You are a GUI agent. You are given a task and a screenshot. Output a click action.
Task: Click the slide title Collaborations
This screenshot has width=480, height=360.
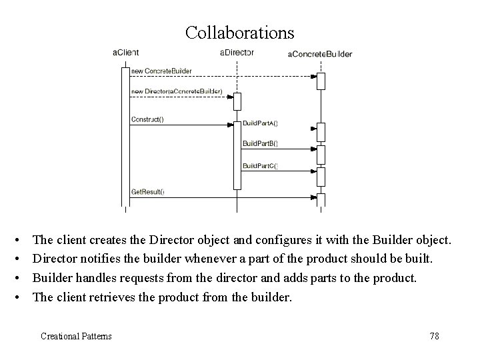pos(239,32)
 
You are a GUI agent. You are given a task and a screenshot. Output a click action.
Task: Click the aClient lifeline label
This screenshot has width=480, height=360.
pos(125,52)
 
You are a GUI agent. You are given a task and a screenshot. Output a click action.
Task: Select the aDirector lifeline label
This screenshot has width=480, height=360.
pos(236,52)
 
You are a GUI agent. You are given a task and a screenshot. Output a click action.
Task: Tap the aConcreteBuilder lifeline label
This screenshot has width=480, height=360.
pos(320,53)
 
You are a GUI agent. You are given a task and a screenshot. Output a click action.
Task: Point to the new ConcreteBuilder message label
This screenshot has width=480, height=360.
pos(161,71)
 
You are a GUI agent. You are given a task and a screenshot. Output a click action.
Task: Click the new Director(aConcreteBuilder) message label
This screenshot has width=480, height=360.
pos(177,91)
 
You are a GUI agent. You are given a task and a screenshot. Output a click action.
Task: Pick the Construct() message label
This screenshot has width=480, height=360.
pos(147,119)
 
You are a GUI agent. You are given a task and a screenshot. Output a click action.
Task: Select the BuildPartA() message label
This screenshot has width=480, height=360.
pos(261,123)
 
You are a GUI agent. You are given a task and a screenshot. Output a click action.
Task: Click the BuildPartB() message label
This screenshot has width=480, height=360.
pos(261,143)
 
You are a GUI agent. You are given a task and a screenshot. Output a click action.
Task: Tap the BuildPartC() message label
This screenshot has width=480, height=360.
pos(261,165)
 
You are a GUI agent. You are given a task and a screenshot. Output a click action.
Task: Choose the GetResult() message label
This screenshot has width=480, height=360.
pos(147,192)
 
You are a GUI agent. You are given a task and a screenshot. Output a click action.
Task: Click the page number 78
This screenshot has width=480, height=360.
pos(434,336)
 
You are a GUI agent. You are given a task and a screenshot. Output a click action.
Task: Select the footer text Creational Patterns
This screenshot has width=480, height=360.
pos(76,336)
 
